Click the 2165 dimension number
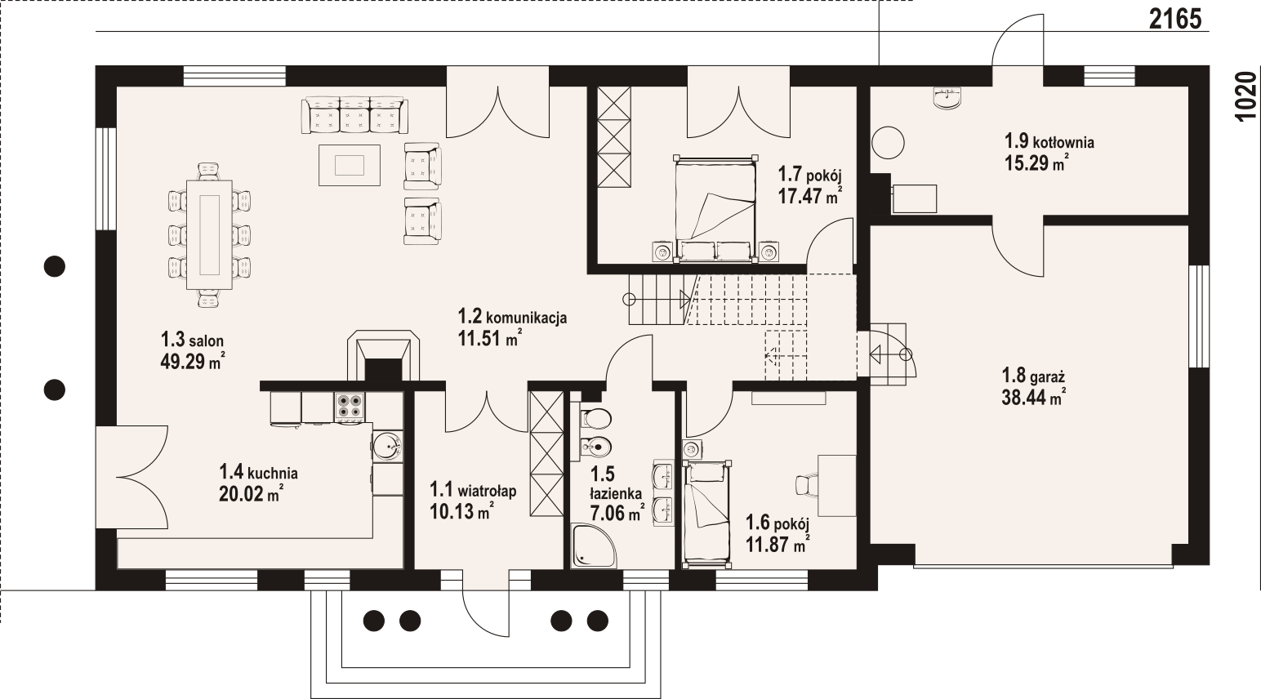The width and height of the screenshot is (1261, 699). point(1175,20)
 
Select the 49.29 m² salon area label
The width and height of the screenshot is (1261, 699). point(193,362)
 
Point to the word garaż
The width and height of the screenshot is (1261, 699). point(1046,376)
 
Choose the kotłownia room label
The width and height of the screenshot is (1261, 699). point(1050,141)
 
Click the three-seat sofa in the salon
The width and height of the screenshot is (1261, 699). point(354,115)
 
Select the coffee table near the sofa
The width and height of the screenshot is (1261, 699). point(350,166)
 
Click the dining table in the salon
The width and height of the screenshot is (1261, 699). point(209,234)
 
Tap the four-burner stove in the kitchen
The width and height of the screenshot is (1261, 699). point(350,406)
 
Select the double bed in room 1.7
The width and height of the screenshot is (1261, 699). point(715,209)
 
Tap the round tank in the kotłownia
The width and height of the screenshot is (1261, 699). point(889,143)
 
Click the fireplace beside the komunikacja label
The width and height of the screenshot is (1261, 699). point(384,356)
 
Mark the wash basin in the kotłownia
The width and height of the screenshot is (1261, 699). point(948,106)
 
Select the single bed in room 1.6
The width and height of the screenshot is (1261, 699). point(707,514)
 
